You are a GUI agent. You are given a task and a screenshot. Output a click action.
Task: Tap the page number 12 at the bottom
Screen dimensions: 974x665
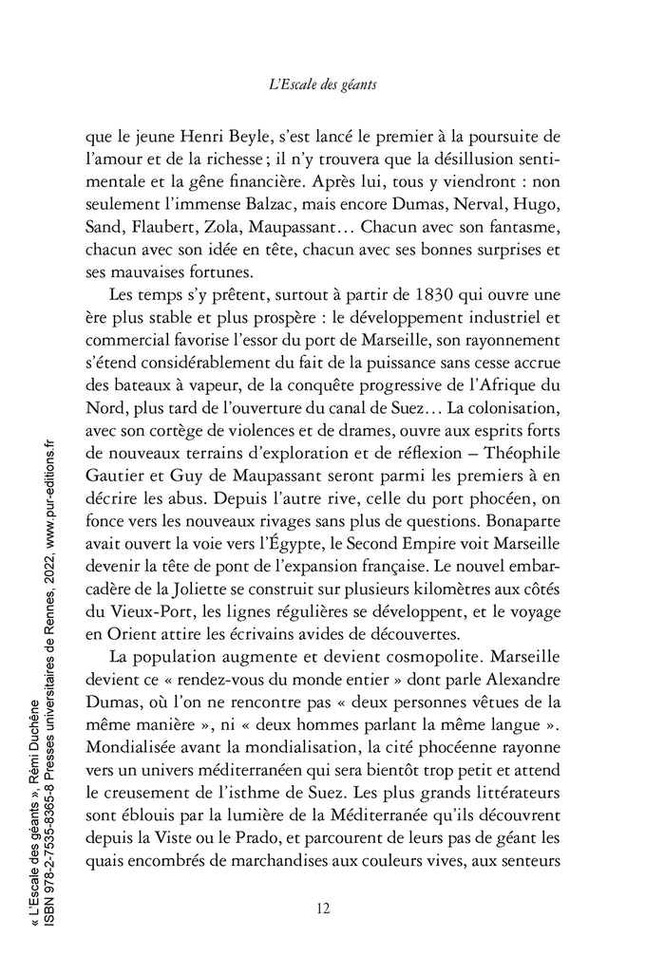322,908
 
